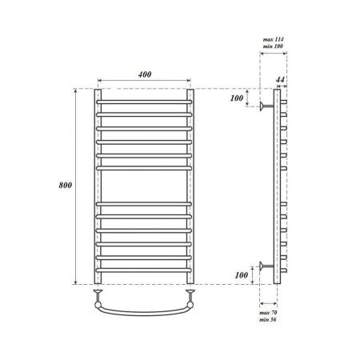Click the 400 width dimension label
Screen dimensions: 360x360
[145, 74]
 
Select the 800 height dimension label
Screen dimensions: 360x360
[67, 186]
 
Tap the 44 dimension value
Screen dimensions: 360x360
[281, 81]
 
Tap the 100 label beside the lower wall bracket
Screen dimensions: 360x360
[237, 276]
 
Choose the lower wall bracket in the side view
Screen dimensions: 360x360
[266, 266]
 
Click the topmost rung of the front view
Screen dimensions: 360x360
[145, 102]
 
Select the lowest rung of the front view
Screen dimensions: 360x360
[145, 270]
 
